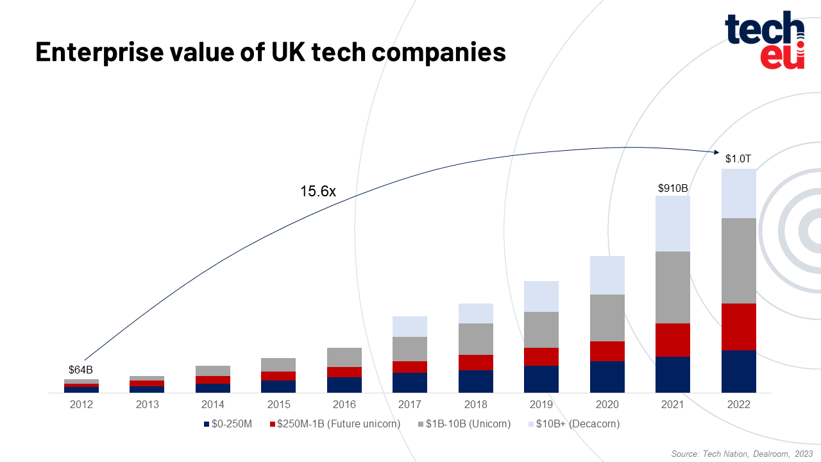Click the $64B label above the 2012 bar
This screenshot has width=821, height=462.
tap(81, 370)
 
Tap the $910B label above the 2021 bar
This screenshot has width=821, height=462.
tap(673, 189)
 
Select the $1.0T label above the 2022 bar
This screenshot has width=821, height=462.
tap(738, 158)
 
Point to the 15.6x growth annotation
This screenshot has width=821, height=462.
tap(318, 191)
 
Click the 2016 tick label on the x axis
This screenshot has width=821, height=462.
tap(344, 405)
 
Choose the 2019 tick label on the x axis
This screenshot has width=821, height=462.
tap(541, 405)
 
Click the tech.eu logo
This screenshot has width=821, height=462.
tap(765, 40)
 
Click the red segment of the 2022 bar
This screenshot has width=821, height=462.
tap(738, 326)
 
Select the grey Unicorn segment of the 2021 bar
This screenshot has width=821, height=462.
tap(673, 287)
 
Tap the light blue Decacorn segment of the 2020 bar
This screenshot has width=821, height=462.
tap(607, 275)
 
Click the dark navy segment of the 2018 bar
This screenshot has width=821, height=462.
tap(476, 381)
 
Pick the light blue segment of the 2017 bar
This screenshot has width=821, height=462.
tap(410, 326)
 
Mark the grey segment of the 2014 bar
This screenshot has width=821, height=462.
tap(213, 370)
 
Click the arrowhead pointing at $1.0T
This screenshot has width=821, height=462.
tap(716, 152)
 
